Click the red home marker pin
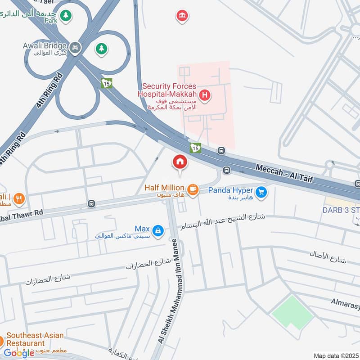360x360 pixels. (x=180, y=162)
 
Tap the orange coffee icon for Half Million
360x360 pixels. (x=193, y=189)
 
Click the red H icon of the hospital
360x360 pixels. (x=205, y=95)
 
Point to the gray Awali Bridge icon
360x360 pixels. (x=75, y=46)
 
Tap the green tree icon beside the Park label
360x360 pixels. (x=66, y=15)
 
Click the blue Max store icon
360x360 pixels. (x=157, y=231)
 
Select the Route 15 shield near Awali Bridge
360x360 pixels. (x=107, y=83)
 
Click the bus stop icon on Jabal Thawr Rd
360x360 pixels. (x=92, y=204)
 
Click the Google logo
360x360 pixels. (x=19, y=353)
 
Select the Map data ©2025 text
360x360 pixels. (x=335, y=355)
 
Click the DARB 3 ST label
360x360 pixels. (x=341, y=210)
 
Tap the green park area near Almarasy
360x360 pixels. (x=292, y=311)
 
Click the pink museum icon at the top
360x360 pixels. (x=182, y=16)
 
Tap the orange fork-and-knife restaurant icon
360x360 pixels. (x=19, y=198)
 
